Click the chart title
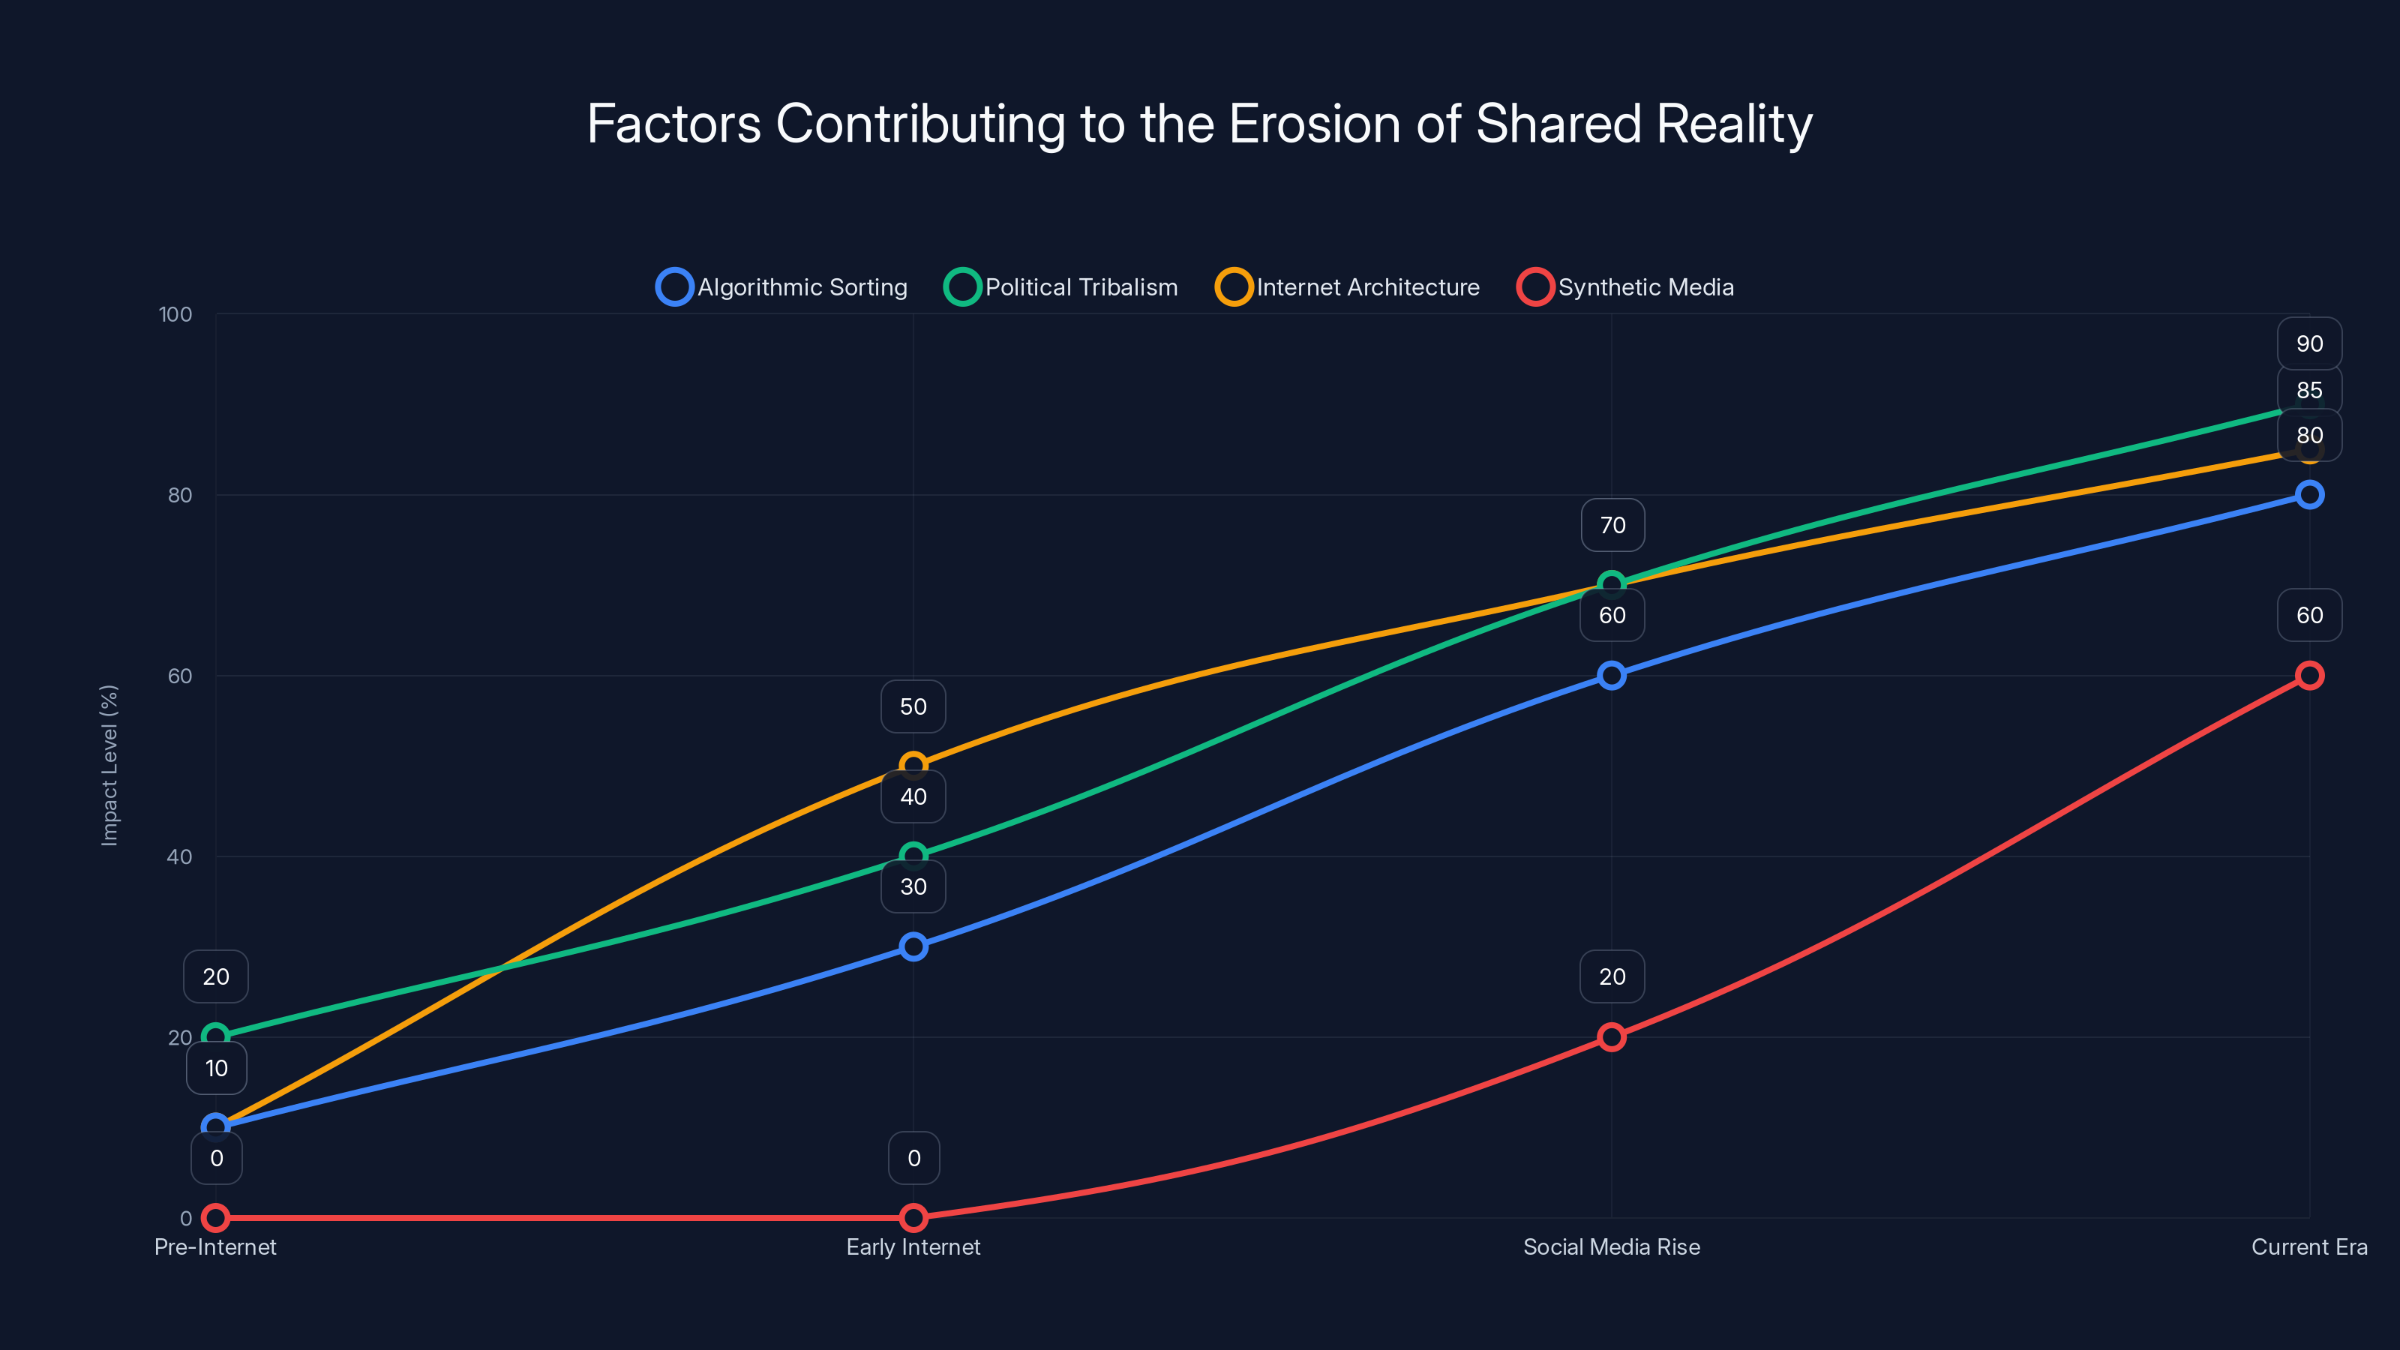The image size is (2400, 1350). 1199,124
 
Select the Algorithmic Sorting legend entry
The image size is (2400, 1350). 782,287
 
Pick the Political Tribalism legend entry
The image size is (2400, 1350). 1062,287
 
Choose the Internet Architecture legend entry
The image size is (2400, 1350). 1348,287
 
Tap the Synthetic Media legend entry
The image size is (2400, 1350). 1626,287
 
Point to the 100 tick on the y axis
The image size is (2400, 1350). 175,314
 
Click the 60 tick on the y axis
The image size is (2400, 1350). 180,676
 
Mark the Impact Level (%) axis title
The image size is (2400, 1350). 109,765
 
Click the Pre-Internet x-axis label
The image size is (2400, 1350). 215,1246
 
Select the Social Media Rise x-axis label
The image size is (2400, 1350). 1611,1246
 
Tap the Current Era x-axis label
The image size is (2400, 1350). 2308,1246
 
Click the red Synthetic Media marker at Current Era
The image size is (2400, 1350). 2308,676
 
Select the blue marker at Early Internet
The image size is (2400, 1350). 913,946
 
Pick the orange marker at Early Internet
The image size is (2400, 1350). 913,766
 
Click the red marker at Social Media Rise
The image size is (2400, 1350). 1611,1037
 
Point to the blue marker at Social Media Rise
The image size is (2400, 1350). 1611,676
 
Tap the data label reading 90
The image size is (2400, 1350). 2308,343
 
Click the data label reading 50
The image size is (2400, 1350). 913,706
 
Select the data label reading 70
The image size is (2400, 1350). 1612,526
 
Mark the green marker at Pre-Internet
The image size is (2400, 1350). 215,1037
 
